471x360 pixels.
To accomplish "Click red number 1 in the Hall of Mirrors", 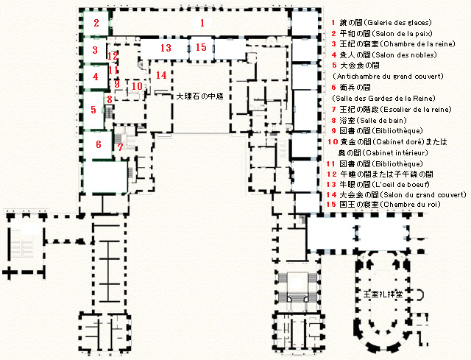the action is click(x=202, y=23).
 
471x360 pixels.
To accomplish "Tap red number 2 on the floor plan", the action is click(x=96, y=23).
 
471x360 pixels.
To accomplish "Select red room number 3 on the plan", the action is click(x=95, y=50).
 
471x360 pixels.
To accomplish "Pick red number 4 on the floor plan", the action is click(x=95, y=77).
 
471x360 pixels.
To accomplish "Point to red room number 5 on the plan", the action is click(x=93, y=110).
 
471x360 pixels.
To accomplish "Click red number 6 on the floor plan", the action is click(x=99, y=144).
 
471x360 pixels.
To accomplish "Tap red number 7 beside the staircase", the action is click(x=120, y=147).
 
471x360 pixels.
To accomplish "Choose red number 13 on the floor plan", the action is click(x=166, y=48).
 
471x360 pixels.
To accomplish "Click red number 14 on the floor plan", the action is click(x=161, y=75).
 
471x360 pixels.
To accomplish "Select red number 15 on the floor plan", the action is click(x=201, y=47).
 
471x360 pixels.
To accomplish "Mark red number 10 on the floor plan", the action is click(x=137, y=86).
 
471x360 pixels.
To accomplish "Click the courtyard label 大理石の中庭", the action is click(x=199, y=96).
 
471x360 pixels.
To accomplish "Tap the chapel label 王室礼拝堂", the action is click(x=383, y=294).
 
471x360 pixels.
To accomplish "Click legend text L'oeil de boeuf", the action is click(x=400, y=185).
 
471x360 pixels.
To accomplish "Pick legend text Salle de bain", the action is click(x=380, y=121).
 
